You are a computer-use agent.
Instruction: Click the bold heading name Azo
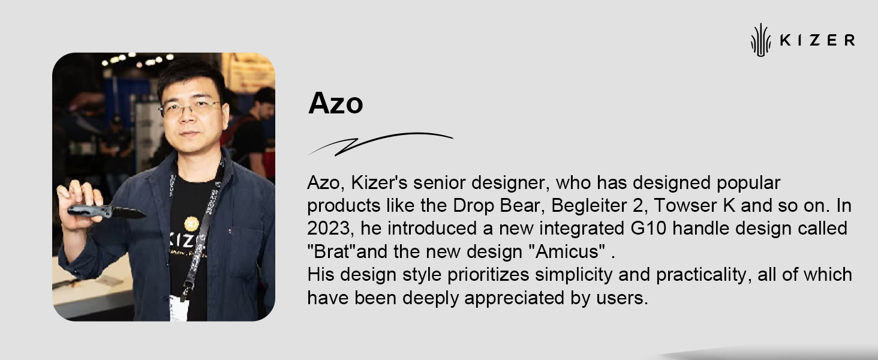335,103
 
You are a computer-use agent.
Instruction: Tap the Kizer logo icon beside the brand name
761,40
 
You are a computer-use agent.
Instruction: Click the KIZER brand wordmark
817,40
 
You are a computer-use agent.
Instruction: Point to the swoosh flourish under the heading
380,143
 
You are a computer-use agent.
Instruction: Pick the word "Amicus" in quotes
567,251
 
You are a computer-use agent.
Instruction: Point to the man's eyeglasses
191,107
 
